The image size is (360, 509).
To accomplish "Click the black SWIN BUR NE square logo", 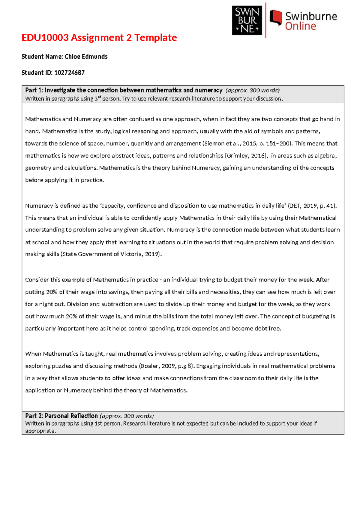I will point(247,20).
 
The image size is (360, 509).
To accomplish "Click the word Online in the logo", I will point(300,26).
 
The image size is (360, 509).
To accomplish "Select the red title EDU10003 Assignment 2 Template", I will point(99,38).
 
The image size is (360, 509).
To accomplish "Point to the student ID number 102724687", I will point(69,73).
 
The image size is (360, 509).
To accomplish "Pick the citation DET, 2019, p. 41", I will point(312,206).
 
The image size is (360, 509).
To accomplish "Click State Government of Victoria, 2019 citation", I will point(111,254).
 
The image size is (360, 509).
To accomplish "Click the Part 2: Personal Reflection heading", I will point(61,416).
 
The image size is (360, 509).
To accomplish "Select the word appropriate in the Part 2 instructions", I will point(40,431).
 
